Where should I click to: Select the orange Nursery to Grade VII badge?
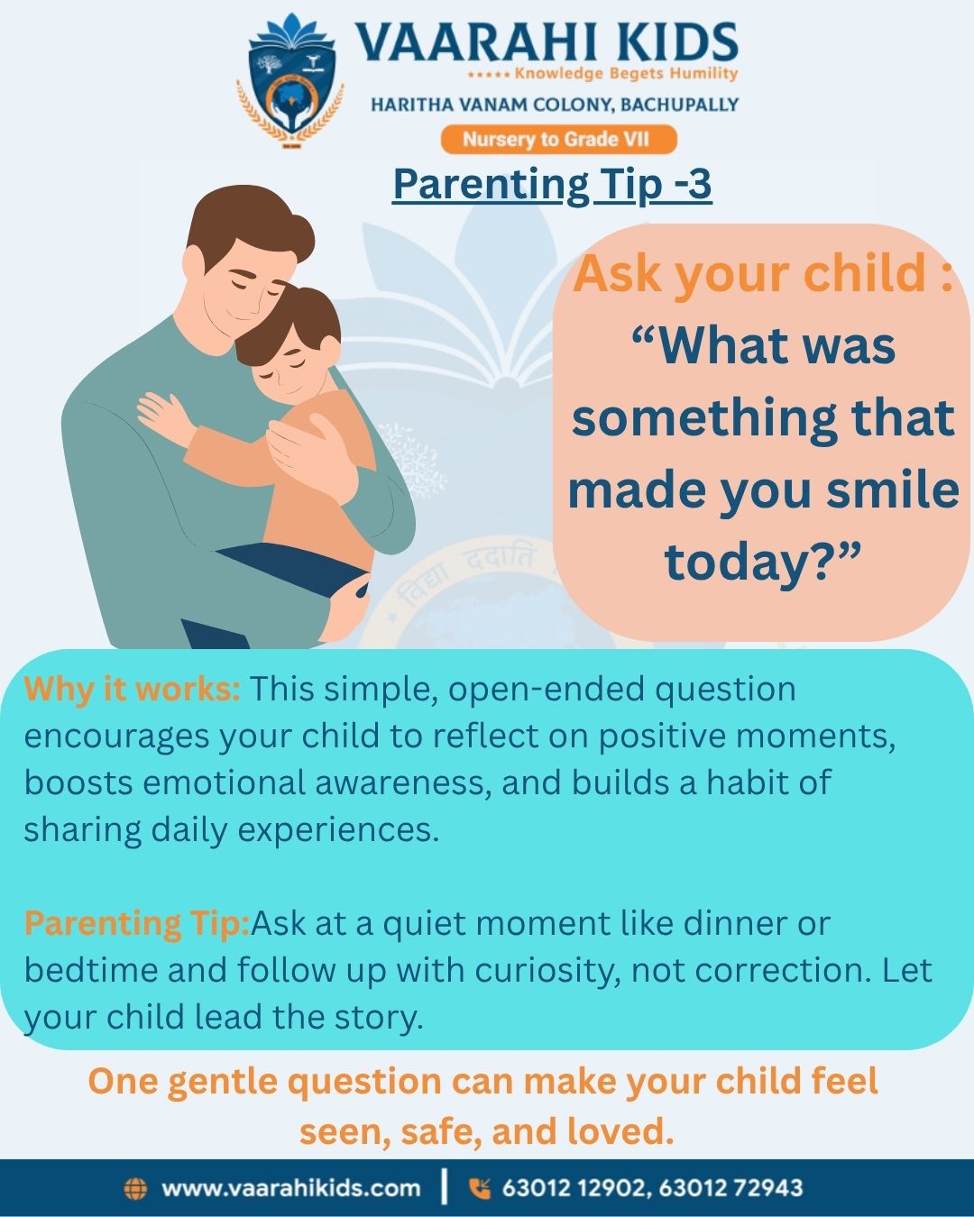(x=557, y=140)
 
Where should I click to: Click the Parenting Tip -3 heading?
(x=552, y=184)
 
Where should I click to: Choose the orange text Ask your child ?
(x=763, y=273)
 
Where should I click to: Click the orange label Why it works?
(x=132, y=689)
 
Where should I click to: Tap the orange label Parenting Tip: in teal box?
(x=136, y=923)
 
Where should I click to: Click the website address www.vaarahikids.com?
(x=290, y=1188)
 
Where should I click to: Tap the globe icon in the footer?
(x=134, y=1188)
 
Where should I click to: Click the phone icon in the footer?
(x=479, y=1188)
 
